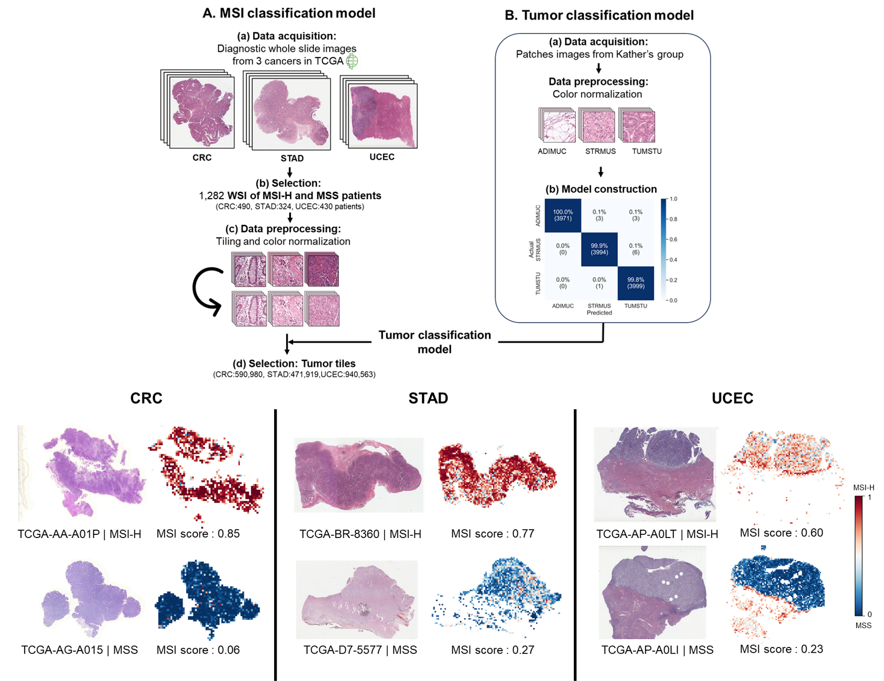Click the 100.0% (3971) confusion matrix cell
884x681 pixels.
(x=563, y=215)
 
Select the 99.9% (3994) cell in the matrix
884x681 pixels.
(x=599, y=249)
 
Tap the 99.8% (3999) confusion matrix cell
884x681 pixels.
(x=636, y=283)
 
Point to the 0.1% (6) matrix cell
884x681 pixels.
(x=636, y=249)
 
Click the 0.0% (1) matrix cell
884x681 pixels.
(x=599, y=283)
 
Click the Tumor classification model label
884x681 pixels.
(x=434, y=342)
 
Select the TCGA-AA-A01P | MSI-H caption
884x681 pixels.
(x=79, y=534)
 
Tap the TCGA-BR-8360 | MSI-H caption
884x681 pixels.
(x=360, y=534)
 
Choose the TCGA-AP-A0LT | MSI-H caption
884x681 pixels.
(x=657, y=534)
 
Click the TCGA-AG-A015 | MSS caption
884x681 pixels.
(x=79, y=650)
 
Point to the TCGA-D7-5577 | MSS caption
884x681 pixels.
(x=360, y=650)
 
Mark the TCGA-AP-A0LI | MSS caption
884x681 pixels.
(x=657, y=650)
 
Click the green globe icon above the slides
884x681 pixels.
(x=353, y=61)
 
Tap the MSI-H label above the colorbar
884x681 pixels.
(x=864, y=488)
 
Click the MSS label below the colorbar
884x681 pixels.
(x=864, y=625)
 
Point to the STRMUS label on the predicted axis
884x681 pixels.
(x=599, y=306)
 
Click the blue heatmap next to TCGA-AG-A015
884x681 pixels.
(x=206, y=598)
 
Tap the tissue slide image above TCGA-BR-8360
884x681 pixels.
(x=358, y=475)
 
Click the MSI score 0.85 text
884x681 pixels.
(x=198, y=533)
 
